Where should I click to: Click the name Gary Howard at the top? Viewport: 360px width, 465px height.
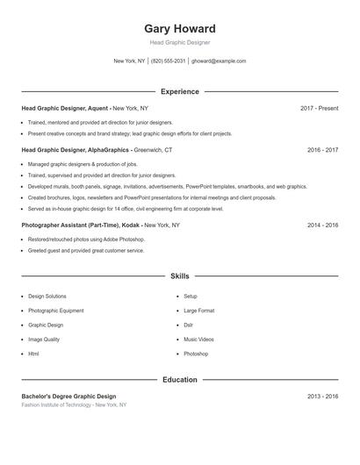[179, 28]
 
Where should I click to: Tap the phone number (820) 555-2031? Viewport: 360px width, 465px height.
[168, 61]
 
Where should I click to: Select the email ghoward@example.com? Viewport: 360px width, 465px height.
[219, 61]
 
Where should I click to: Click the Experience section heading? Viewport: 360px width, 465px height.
[179, 91]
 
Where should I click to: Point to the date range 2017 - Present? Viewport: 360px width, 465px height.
[319, 108]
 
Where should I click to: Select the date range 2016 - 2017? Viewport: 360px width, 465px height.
[322, 150]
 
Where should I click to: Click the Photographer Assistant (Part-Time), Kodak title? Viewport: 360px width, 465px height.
[100, 225]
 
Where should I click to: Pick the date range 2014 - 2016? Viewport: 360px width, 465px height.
[322, 225]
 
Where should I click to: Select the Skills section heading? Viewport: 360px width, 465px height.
[179, 275]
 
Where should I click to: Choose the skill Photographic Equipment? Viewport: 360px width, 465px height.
[56, 311]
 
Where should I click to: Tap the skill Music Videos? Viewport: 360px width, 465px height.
[198, 339]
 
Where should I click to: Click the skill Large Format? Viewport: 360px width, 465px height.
[198, 311]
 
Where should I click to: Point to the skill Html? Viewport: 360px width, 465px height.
[33, 354]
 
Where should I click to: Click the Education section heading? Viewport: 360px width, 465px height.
[179, 380]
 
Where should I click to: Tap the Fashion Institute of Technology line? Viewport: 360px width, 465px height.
[74, 405]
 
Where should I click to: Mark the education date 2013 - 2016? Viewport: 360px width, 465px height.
[322, 397]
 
